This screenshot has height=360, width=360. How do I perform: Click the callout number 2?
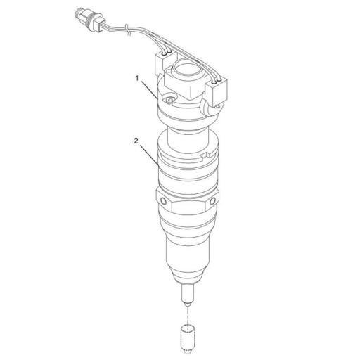pos(136,140)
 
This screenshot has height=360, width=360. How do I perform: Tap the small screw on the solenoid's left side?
pos(170,99)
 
